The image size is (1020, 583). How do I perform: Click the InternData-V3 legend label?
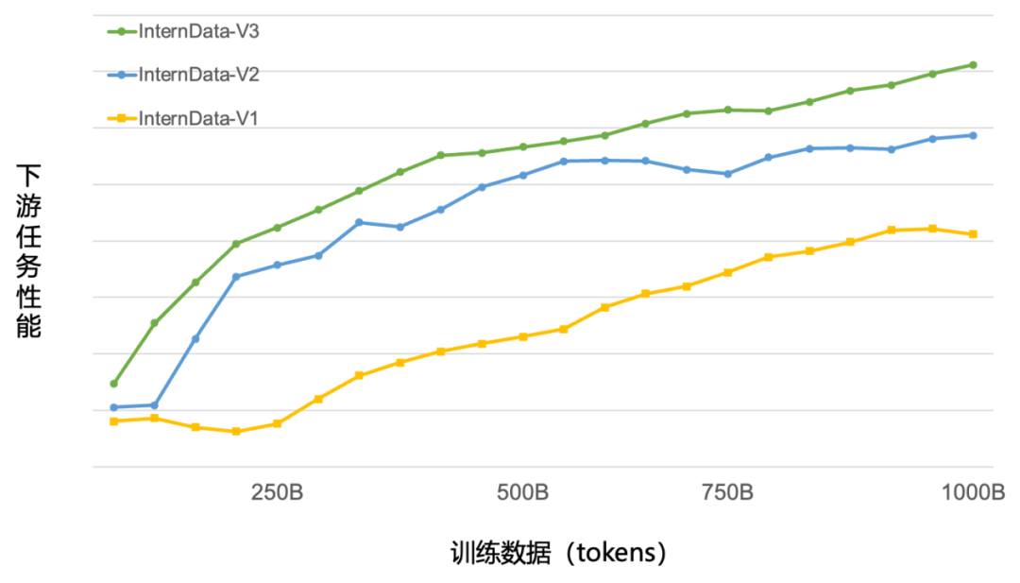[199, 31]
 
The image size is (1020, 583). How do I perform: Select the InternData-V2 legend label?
[199, 75]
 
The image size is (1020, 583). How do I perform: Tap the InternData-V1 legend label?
[199, 118]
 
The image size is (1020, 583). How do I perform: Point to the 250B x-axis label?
[277, 493]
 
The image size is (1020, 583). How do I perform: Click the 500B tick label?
[522, 493]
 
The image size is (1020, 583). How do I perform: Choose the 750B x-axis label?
[727, 493]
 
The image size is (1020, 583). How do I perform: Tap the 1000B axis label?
[973, 493]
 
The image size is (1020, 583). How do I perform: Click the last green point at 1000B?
[973, 64]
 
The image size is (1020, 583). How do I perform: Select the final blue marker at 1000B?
[973, 135]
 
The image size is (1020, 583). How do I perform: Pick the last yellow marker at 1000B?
[973, 233]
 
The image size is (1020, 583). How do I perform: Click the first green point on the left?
[113, 384]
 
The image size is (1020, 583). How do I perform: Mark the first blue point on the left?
[113, 407]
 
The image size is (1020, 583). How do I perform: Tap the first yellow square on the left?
[113, 420]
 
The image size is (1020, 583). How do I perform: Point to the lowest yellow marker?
[236, 431]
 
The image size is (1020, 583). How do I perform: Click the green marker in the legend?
[120, 31]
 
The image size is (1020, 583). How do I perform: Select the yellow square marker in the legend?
[120, 118]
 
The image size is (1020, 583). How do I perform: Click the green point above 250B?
[277, 227]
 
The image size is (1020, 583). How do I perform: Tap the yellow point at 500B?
[522, 336]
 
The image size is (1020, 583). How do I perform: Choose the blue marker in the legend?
[120, 75]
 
